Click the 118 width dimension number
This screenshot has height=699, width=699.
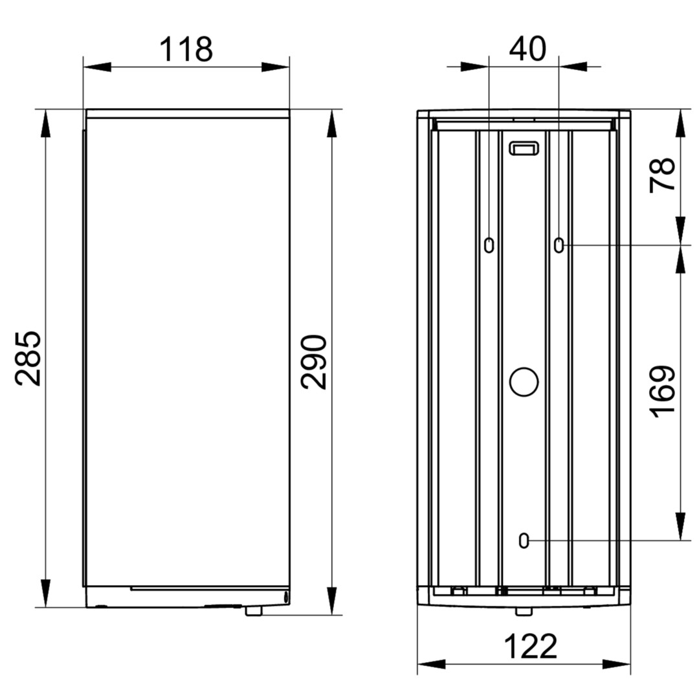click(x=186, y=49)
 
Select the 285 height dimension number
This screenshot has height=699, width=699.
click(x=28, y=358)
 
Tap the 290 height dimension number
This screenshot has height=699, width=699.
click(x=314, y=362)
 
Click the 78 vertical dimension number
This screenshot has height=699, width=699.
click(x=663, y=175)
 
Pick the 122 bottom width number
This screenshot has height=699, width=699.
click(x=531, y=647)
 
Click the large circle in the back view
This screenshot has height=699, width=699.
click(x=524, y=382)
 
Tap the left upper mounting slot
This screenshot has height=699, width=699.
click(x=489, y=245)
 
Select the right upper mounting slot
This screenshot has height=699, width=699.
click(x=559, y=245)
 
